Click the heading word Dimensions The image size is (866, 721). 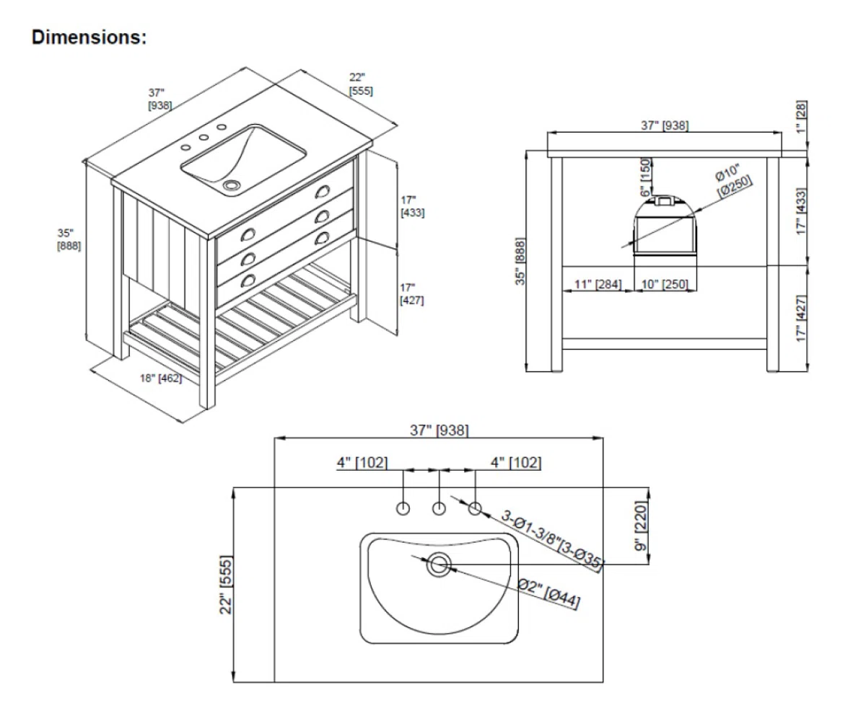coord(89,37)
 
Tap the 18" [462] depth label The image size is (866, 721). coord(161,378)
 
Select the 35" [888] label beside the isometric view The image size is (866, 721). coord(69,239)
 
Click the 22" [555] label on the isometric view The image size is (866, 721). coord(361,84)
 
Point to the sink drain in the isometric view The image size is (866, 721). coord(231,185)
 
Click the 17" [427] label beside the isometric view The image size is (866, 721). coord(412,293)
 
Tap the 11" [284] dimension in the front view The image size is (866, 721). coord(598,284)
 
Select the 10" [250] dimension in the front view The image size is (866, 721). coord(665,284)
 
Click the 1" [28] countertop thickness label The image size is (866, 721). coord(801,117)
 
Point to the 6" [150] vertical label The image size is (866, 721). coord(646,177)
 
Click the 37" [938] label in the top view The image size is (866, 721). coord(439,430)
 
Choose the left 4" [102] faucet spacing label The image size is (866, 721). coord(362,462)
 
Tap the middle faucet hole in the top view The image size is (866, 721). coord(439,508)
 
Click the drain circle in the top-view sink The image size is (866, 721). coord(439,565)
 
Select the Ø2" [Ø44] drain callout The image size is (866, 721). coord(549,595)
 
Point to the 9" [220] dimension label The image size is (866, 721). coord(641,526)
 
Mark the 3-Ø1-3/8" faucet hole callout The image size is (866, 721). coord(551,541)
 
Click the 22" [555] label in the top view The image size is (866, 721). coord(226,585)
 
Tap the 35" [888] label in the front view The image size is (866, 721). coord(520,261)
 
